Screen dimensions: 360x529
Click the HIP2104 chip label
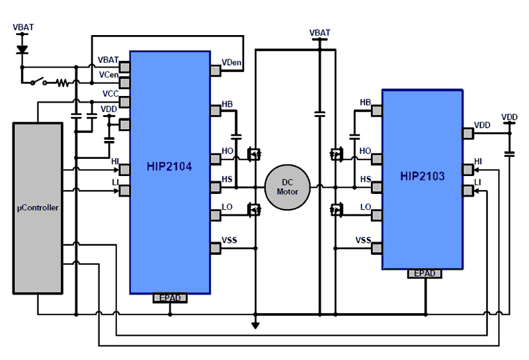click(169, 167)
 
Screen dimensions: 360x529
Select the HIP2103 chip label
click(422, 176)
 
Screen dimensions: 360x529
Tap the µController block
click(38, 208)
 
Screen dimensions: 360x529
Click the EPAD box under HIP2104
click(170, 298)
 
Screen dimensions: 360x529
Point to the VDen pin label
click(232, 63)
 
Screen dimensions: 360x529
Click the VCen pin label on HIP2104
click(108, 75)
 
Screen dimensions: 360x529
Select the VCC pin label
click(110, 94)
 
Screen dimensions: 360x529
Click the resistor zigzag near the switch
click(62, 83)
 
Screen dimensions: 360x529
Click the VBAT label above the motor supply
click(320, 32)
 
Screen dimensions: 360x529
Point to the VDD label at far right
click(509, 117)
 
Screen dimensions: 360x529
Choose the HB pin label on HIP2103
click(365, 102)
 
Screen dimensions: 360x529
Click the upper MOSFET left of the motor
click(253, 154)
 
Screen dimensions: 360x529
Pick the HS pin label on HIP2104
click(227, 179)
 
